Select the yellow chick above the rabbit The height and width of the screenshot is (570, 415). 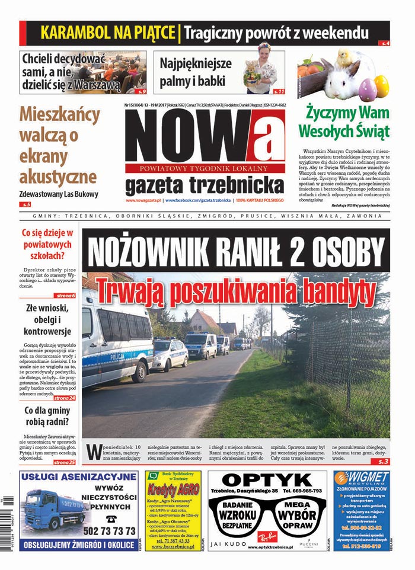tap(342, 57)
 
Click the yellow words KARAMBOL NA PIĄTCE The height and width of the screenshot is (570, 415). tap(108, 32)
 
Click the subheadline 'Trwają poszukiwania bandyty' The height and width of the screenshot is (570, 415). tap(235, 290)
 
